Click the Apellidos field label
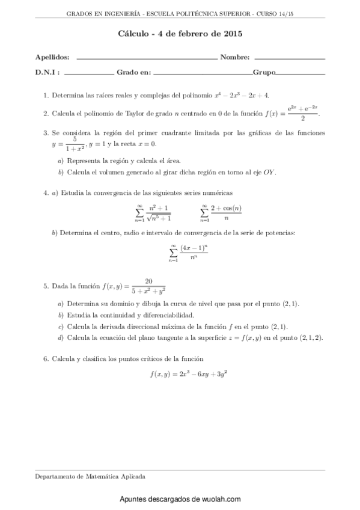[52, 58]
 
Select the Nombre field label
[235, 58]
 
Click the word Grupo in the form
[264, 72]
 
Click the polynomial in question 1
[242, 95]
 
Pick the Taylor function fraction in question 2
[303, 112]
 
